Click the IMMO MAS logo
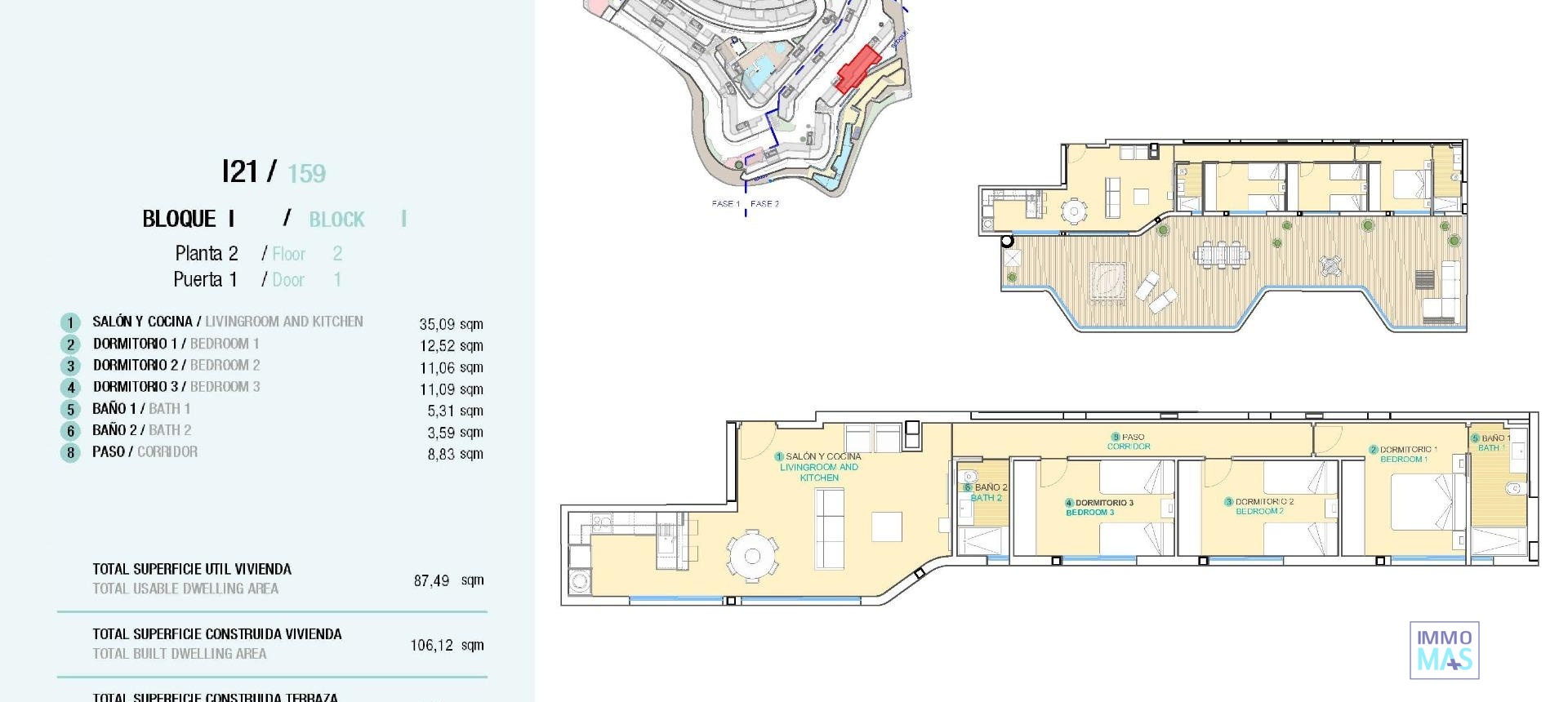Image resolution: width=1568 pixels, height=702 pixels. [x=1444, y=650]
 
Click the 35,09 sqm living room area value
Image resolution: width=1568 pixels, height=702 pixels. [x=451, y=324]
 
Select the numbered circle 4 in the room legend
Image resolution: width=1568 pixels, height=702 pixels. [x=71, y=388]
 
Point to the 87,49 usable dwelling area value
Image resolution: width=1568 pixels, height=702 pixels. [x=431, y=580]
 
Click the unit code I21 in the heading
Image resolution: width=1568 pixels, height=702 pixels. [x=240, y=171]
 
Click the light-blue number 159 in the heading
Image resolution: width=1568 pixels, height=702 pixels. [x=306, y=173]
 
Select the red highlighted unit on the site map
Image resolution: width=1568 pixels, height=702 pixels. [x=857, y=69]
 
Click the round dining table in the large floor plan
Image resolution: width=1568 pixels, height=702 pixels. [x=753, y=556]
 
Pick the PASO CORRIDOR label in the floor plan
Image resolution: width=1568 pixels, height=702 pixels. [x=1129, y=442]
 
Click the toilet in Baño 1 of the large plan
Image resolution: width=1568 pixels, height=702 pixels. [x=1512, y=491]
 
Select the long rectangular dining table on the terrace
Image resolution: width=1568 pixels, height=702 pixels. [x=1221, y=254]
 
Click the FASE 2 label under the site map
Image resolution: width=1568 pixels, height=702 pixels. [x=764, y=204]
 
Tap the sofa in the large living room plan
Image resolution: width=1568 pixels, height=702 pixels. [x=830, y=529]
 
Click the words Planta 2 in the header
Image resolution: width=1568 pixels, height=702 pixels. [x=207, y=253]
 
